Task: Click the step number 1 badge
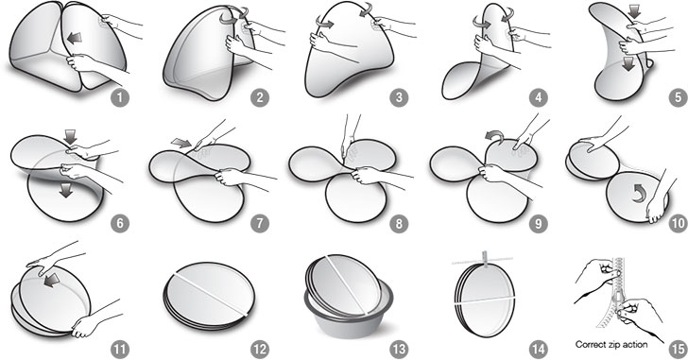(x=120, y=97)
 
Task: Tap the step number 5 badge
(x=678, y=97)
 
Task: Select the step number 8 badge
(x=399, y=224)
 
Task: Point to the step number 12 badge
(x=259, y=350)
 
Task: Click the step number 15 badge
(x=678, y=350)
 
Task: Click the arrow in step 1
(x=74, y=39)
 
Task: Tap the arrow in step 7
(x=181, y=143)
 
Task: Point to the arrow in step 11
(x=52, y=281)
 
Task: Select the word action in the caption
(x=634, y=345)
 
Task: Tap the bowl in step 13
(x=349, y=312)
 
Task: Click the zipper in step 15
(x=619, y=294)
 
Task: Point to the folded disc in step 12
(x=210, y=295)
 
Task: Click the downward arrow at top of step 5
(x=635, y=12)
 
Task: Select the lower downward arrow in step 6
(x=66, y=190)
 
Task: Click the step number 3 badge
(x=399, y=97)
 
